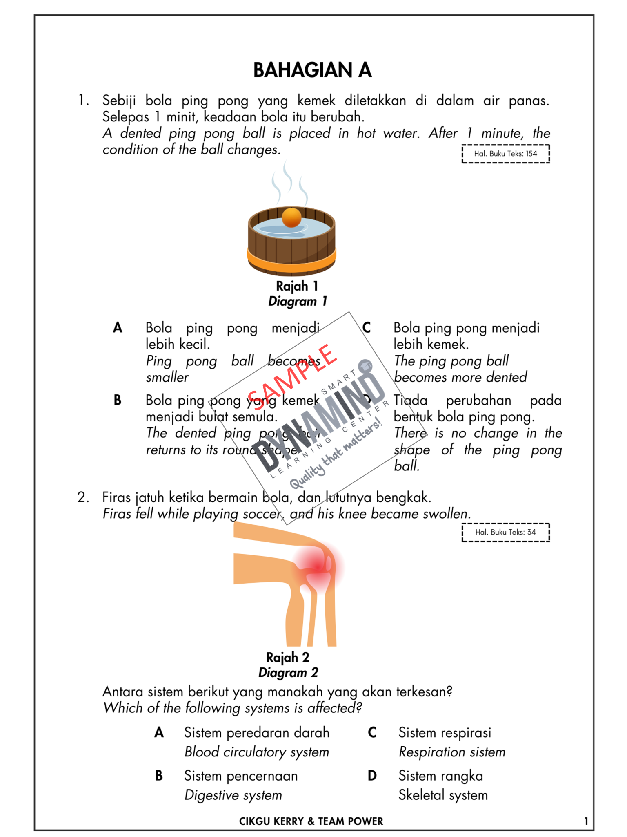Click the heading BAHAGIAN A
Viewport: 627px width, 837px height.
coord(312,70)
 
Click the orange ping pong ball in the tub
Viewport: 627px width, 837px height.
coord(291,217)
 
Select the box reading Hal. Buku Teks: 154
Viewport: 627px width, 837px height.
coord(505,154)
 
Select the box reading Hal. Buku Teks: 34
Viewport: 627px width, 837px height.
coord(505,532)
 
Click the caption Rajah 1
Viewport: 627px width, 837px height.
coord(297,286)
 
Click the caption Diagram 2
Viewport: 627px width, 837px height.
coord(288,672)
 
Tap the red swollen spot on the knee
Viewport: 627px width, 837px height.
coord(318,566)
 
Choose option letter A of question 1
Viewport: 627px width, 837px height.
coord(118,328)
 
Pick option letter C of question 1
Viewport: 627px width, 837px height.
coord(367,328)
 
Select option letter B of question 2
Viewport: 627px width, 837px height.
coord(159,775)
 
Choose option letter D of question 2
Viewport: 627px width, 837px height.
coord(372,775)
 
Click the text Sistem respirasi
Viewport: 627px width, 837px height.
coord(445,733)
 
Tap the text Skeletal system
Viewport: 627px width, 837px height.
coord(443,795)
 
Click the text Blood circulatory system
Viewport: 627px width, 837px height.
coord(256,752)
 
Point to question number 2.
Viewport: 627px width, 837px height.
coord(83,497)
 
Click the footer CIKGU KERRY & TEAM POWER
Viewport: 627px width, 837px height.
coord(311,821)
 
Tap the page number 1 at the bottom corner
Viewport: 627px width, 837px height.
coord(586,821)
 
